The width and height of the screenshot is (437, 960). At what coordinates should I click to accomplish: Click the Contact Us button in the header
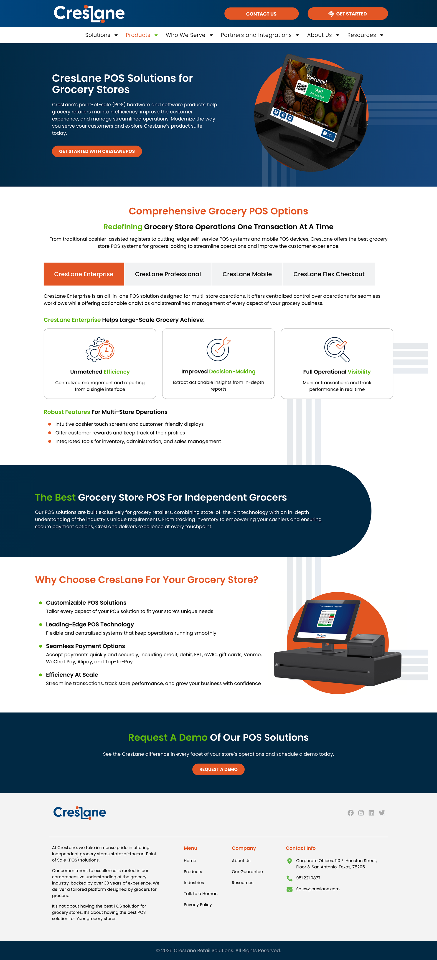pos(261,14)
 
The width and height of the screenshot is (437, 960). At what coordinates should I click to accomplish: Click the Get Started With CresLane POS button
pos(97,151)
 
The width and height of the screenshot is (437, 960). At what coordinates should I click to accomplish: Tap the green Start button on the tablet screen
pos(318,91)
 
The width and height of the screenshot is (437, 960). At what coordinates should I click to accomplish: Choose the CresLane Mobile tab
pos(247,274)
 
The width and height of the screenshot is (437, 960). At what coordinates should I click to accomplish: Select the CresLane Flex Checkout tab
pos(328,274)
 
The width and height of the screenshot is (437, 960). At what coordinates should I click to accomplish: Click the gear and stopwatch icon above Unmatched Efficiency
pos(100,350)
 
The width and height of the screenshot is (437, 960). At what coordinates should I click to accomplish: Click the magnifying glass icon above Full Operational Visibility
pos(337,349)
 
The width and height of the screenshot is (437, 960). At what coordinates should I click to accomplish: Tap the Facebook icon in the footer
pos(351,813)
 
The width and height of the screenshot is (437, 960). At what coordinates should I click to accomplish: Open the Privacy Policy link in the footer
pos(198,904)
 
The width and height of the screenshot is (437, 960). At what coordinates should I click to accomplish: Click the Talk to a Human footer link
pos(201,894)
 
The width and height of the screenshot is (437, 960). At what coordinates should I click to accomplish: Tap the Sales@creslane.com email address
pos(318,889)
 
